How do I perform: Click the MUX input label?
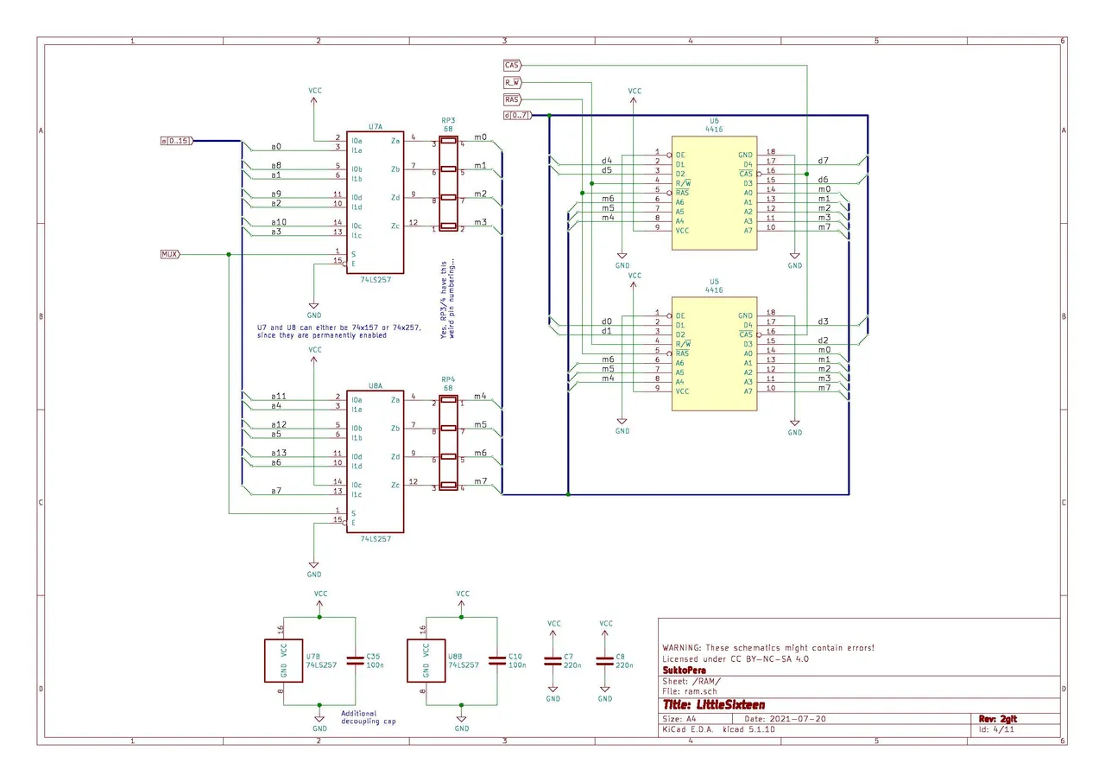pyautogui.click(x=169, y=254)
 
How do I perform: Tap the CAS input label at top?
pyautogui.click(x=512, y=65)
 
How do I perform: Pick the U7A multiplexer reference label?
pyautogui.click(x=375, y=126)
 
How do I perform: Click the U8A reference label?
pyautogui.click(x=375, y=386)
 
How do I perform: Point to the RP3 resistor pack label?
pyautogui.click(x=448, y=120)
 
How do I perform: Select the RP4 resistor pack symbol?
pyautogui.click(x=448, y=442)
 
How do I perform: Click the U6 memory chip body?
pyautogui.click(x=714, y=192)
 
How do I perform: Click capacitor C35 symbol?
pyautogui.click(x=354, y=660)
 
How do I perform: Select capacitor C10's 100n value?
pyautogui.click(x=517, y=665)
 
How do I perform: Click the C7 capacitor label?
pyautogui.click(x=568, y=657)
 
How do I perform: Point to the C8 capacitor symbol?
pyautogui.click(x=604, y=660)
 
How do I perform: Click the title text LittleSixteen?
pyautogui.click(x=713, y=704)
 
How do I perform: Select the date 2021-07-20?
pyautogui.click(x=798, y=719)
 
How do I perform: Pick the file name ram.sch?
pyautogui.click(x=700, y=691)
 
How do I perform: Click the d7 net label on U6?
pyautogui.click(x=823, y=161)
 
